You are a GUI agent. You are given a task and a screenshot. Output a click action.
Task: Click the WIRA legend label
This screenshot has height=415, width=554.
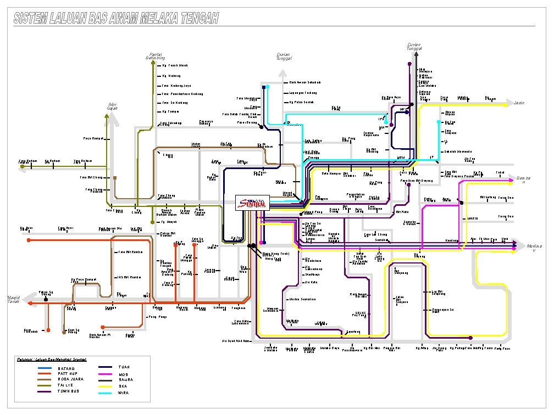click(x=124, y=392)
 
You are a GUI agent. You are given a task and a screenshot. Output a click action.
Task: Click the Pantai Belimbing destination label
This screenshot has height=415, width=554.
click(x=154, y=56)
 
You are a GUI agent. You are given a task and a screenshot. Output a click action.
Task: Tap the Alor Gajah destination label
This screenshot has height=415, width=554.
click(x=113, y=106)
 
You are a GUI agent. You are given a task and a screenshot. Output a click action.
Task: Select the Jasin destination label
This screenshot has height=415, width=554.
click(x=519, y=103)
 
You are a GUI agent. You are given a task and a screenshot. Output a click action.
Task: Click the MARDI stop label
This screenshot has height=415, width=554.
click(x=473, y=218)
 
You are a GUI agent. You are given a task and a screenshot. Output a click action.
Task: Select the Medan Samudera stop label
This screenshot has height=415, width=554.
click(x=302, y=299)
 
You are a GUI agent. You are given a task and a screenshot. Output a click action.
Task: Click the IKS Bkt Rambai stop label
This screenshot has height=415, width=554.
click(x=129, y=277)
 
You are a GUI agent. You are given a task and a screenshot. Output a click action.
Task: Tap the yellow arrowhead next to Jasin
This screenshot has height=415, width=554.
click(x=507, y=103)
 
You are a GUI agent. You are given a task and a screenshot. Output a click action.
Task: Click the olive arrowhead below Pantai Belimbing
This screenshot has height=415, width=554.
click(x=152, y=63)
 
